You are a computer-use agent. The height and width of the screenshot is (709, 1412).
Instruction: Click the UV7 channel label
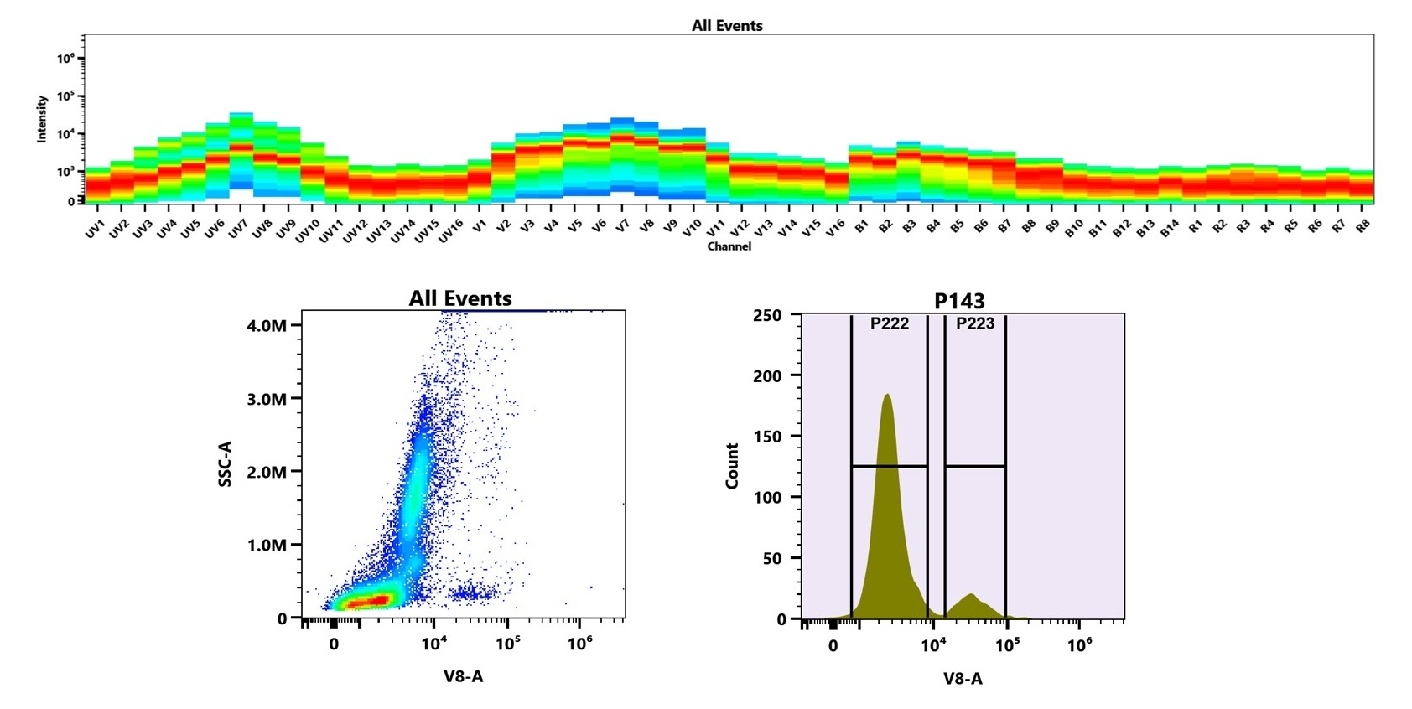[x=238, y=228]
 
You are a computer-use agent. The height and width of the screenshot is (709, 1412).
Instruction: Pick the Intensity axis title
[x=42, y=119]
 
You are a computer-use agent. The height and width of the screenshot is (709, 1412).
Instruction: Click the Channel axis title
[x=729, y=246]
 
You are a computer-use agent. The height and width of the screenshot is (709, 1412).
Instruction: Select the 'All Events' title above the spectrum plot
[x=727, y=26]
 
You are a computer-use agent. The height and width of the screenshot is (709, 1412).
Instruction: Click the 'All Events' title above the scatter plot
[x=460, y=298]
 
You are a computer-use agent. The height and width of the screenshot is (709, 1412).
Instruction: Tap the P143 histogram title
[x=959, y=301]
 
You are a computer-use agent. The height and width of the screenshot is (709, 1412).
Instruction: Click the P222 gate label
[x=889, y=323]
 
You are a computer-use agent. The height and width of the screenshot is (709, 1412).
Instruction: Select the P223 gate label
[x=974, y=323]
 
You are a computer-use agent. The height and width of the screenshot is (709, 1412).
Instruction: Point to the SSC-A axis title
[x=225, y=464]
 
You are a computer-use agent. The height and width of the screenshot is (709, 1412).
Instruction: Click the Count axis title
[x=732, y=466]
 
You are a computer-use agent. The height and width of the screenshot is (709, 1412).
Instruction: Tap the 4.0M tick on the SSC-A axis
[x=267, y=325]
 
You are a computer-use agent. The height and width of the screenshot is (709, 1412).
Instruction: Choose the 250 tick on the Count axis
[x=767, y=315]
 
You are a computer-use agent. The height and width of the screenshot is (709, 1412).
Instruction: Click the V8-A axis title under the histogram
[x=962, y=679]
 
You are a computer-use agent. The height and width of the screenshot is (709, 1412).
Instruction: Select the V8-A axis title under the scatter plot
[x=463, y=675]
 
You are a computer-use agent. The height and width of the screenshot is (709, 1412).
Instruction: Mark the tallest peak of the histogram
[x=887, y=395]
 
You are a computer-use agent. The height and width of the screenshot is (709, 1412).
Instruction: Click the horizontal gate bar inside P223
[x=975, y=466]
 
